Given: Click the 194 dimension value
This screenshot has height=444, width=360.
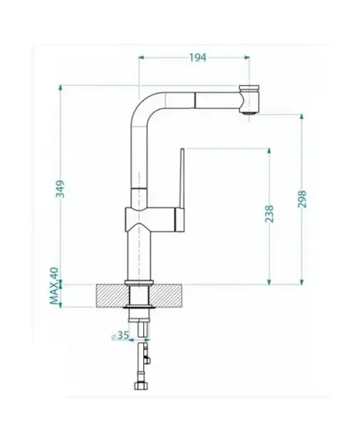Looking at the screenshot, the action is [198, 58].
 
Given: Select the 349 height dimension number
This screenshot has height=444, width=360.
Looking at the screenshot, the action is [60, 189].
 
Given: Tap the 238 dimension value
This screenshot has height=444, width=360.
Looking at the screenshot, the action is [269, 214].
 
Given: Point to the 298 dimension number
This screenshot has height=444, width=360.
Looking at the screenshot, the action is [302, 199].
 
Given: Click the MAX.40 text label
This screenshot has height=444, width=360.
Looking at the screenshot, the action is [55, 286].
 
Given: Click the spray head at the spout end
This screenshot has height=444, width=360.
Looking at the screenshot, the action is [249, 98].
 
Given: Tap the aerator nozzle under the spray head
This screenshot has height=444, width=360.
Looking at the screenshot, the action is [250, 113].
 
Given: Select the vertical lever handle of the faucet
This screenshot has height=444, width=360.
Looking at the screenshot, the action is [182, 179].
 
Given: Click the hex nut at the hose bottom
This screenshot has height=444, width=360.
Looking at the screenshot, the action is [142, 385].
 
